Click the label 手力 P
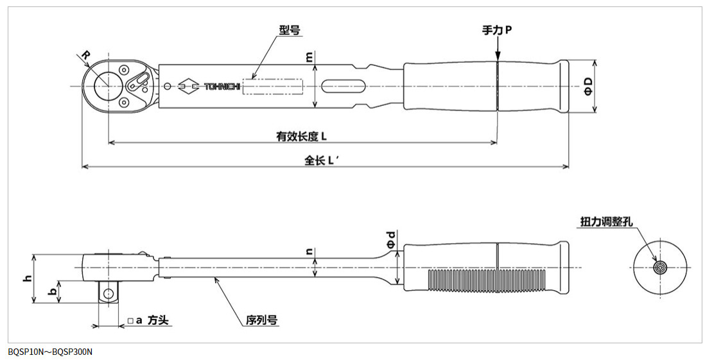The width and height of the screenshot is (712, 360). click(x=497, y=30)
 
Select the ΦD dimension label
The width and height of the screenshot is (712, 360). click(x=587, y=87)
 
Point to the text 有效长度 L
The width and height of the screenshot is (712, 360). click(x=302, y=135)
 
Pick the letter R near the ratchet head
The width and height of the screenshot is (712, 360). click(x=87, y=56)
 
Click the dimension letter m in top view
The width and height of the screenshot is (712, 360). click(x=310, y=57)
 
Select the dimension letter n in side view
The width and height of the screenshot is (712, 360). click(x=310, y=253)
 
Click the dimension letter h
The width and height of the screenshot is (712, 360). click(x=27, y=279)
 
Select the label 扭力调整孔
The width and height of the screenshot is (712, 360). click(x=607, y=221)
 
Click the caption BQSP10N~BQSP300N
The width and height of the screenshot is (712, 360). click(x=50, y=352)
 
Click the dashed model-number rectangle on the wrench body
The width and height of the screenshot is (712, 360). click(x=272, y=86)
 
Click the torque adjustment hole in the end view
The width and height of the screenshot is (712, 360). click(x=659, y=268)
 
